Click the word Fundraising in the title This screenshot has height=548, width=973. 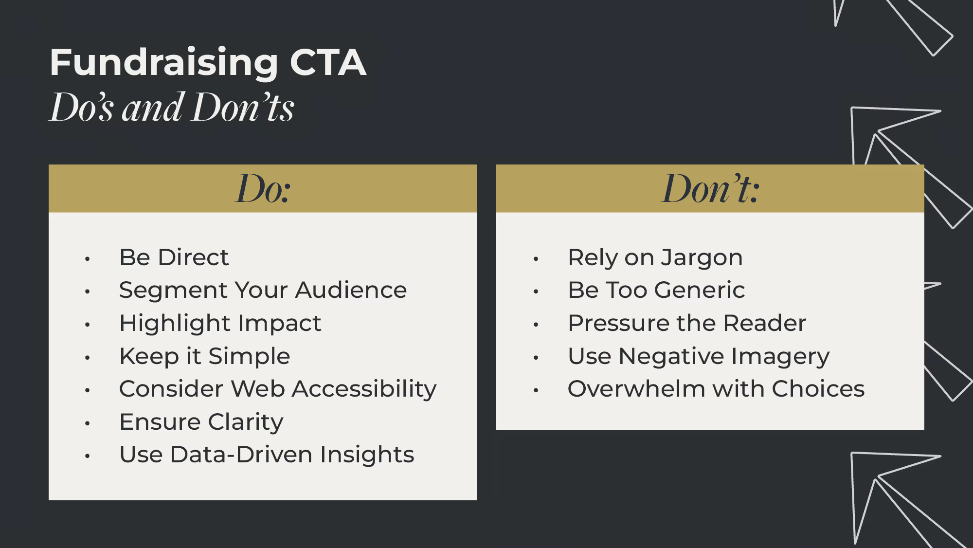163,63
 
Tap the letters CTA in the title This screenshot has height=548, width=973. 327,63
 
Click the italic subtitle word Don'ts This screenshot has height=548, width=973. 243,108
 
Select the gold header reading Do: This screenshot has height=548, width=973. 263,189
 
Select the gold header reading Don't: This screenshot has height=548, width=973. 710,189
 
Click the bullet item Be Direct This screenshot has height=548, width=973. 174,257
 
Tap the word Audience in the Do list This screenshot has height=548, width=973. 351,291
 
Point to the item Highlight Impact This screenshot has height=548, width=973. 220,324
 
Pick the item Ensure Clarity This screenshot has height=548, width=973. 201,422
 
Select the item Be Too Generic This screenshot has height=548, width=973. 656,291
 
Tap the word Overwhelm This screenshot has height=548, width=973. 636,389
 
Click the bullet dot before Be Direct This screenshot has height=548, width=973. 88,259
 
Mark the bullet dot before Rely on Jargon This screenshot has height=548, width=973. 536,259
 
